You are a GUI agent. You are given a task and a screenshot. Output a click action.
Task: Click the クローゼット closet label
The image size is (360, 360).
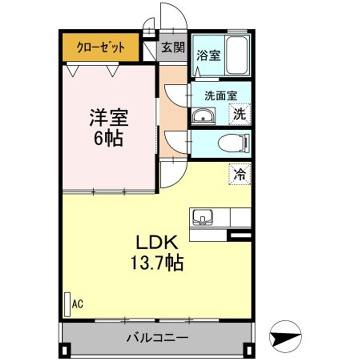101,47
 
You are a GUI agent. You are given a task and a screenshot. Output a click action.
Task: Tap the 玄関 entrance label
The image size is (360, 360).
173,47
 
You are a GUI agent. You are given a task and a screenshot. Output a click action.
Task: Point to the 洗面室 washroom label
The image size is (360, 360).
220,95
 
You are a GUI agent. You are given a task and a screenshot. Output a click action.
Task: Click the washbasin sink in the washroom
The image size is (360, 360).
203,115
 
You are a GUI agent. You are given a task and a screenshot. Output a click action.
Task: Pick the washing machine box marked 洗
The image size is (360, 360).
239,114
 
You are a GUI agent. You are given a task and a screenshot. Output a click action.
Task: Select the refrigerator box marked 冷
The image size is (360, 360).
239,174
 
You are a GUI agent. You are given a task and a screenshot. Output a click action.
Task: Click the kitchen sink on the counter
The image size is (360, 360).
202,217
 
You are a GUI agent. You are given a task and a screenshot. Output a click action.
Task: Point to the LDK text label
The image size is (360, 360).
157,242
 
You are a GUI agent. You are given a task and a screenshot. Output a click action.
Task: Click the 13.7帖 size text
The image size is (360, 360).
157,262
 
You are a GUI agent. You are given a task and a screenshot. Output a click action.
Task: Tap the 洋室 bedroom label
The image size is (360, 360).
109,117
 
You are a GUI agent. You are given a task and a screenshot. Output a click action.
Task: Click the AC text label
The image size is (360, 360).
77,304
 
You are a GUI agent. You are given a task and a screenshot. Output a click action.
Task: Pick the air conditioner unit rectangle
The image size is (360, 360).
67,304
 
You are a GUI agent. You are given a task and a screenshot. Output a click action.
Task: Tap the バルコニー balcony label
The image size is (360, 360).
157,338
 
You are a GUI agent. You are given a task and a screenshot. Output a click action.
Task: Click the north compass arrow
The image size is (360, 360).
285,336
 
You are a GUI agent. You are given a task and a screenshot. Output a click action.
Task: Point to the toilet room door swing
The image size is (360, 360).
176,142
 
